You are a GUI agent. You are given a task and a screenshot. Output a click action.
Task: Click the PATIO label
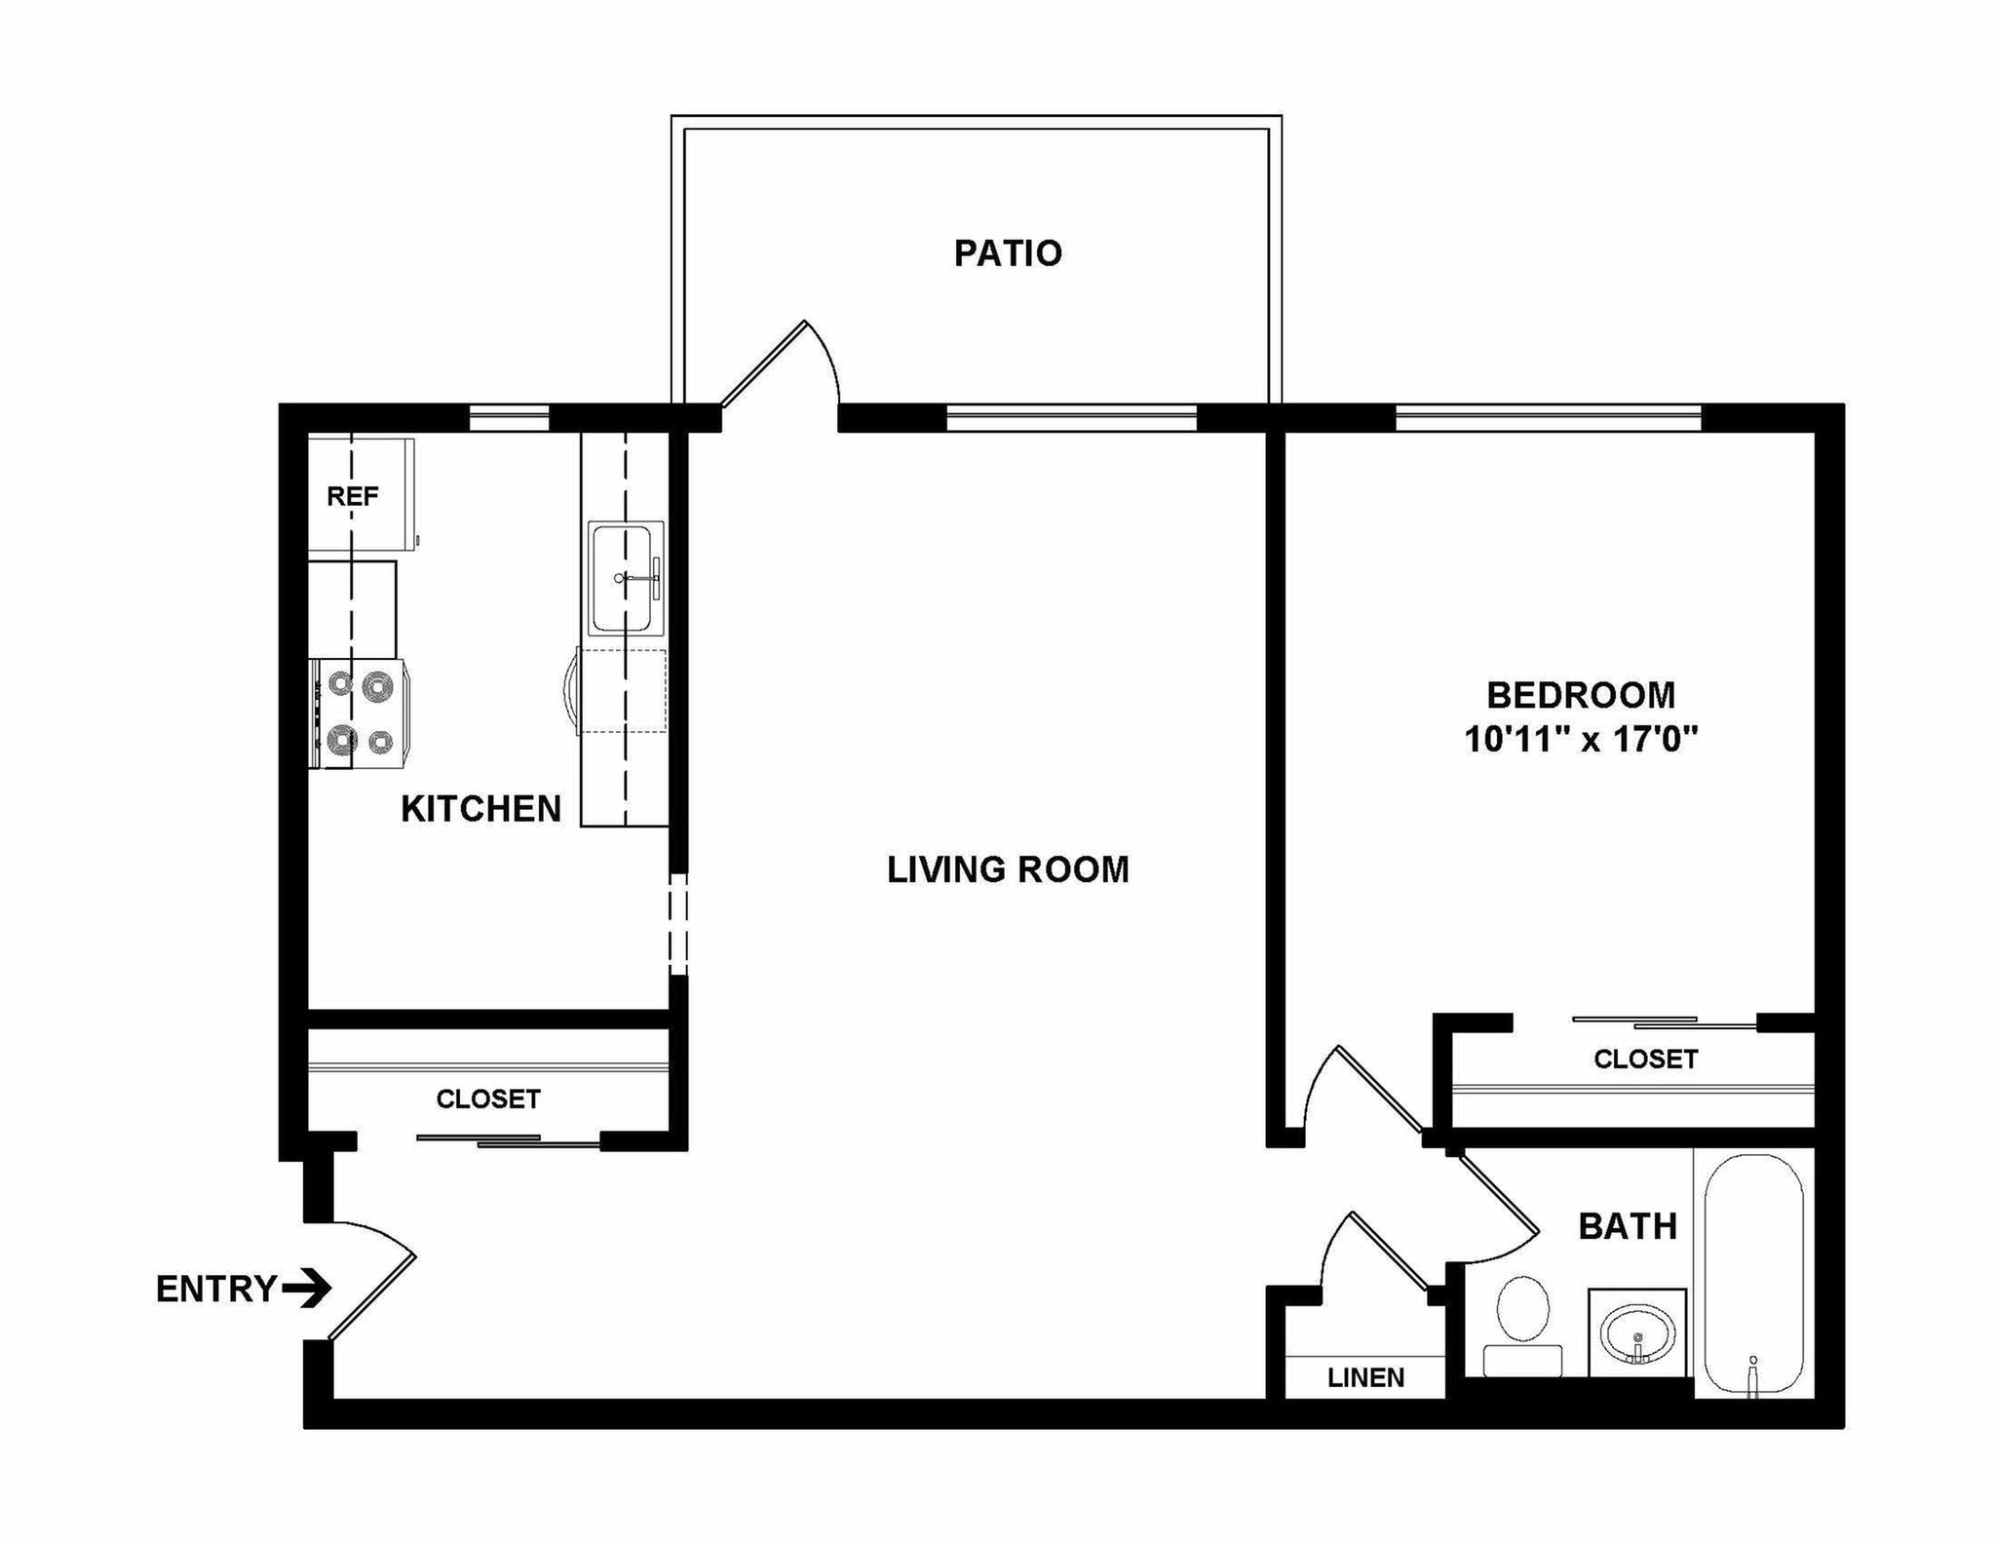point(1008,253)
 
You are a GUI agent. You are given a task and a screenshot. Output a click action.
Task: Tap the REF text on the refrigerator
point(352,496)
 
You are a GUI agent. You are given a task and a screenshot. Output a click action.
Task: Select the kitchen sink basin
point(621,578)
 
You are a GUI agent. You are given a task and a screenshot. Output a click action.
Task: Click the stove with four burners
point(359,714)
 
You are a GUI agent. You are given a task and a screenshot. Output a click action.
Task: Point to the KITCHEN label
point(481,809)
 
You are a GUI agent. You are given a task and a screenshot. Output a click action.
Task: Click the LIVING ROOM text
point(1008,869)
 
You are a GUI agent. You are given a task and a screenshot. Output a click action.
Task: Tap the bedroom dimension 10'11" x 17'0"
point(1581,740)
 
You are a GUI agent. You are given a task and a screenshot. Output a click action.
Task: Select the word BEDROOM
point(1581,695)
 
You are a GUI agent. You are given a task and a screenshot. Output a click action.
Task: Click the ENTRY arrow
point(307,1289)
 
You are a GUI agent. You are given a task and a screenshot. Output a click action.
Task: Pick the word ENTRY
point(216,1289)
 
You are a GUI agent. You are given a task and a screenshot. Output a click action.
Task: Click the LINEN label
point(1365,1377)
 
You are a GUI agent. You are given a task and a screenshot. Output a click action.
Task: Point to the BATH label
point(1627,1226)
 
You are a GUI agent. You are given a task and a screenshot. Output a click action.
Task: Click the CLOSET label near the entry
point(487,1099)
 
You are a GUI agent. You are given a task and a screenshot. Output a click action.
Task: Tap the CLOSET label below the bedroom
point(1645,1059)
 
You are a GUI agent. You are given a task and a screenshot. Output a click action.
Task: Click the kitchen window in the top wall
point(509,417)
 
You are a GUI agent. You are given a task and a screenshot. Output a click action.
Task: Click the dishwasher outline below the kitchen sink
point(622,691)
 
